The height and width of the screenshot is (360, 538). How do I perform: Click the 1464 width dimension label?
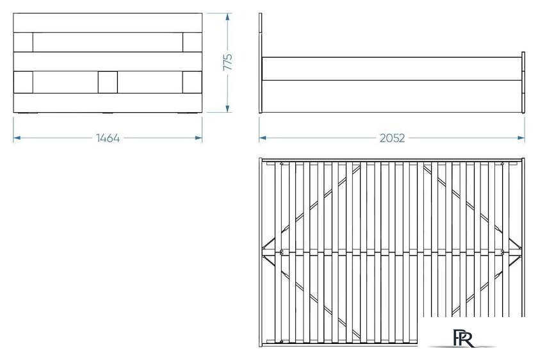[108, 138]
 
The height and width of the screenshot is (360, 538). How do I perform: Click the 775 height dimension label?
[228, 62]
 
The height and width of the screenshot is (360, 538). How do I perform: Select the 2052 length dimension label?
[392, 138]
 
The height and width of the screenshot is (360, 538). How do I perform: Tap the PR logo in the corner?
[463, 338]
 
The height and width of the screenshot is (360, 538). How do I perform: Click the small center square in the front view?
[108, 82]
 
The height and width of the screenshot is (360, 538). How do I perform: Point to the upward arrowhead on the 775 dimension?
[227, 17]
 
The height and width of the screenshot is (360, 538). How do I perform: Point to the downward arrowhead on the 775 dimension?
[227, 109]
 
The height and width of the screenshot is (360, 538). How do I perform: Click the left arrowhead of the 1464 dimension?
[17, 138]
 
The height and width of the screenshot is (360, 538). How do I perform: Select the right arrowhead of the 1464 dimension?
[199, 138]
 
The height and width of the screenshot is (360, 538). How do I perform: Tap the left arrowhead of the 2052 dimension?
[263, 138]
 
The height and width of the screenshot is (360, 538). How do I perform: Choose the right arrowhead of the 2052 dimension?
[521, 138]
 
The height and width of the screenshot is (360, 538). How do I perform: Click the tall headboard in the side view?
[261, 63]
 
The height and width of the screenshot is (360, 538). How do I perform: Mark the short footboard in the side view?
[523, 83]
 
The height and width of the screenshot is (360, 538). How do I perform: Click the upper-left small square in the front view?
[23, 42]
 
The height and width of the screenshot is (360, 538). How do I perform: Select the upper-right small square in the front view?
[192, 42]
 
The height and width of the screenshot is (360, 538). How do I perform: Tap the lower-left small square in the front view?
[23, 82]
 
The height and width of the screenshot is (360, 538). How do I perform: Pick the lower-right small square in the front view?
[192, 82]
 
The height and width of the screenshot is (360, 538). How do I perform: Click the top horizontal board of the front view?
[108, 23]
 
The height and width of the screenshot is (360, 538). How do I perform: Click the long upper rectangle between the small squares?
[108, 42]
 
